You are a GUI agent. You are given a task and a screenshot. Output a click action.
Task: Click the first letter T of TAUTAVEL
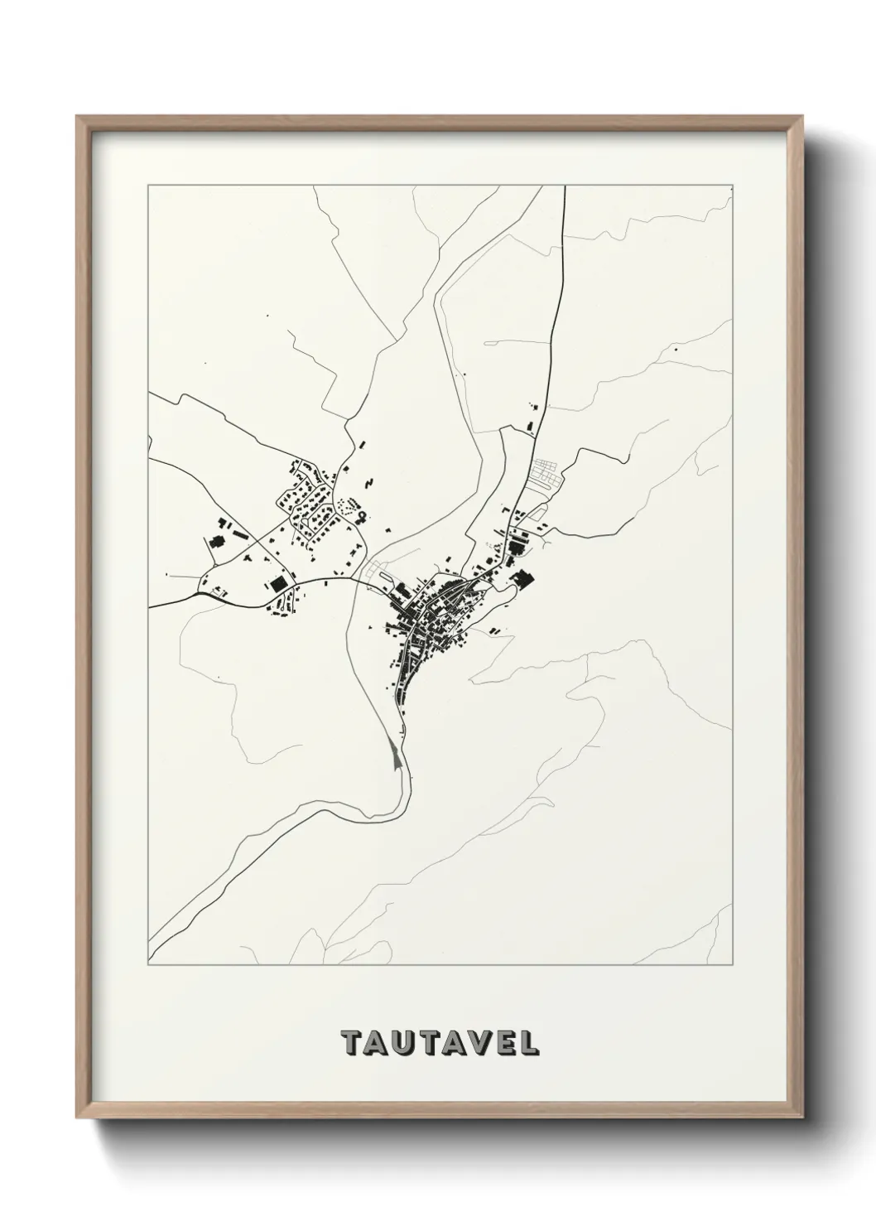(351, 1043)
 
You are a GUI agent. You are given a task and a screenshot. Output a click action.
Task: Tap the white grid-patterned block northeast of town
(547, 475)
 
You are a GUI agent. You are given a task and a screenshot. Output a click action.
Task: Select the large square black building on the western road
(277, 584)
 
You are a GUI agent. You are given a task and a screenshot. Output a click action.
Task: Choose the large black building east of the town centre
(522, 579)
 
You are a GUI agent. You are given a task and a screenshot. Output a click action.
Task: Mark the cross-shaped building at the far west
(216, 543)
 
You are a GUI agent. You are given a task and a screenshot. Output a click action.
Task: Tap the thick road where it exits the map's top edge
(566, 189)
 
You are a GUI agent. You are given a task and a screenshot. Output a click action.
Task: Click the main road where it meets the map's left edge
(151, 607)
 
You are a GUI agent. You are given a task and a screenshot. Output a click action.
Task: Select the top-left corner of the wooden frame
(78, 117)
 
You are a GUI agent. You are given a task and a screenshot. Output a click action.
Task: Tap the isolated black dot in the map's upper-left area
(267, 316)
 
